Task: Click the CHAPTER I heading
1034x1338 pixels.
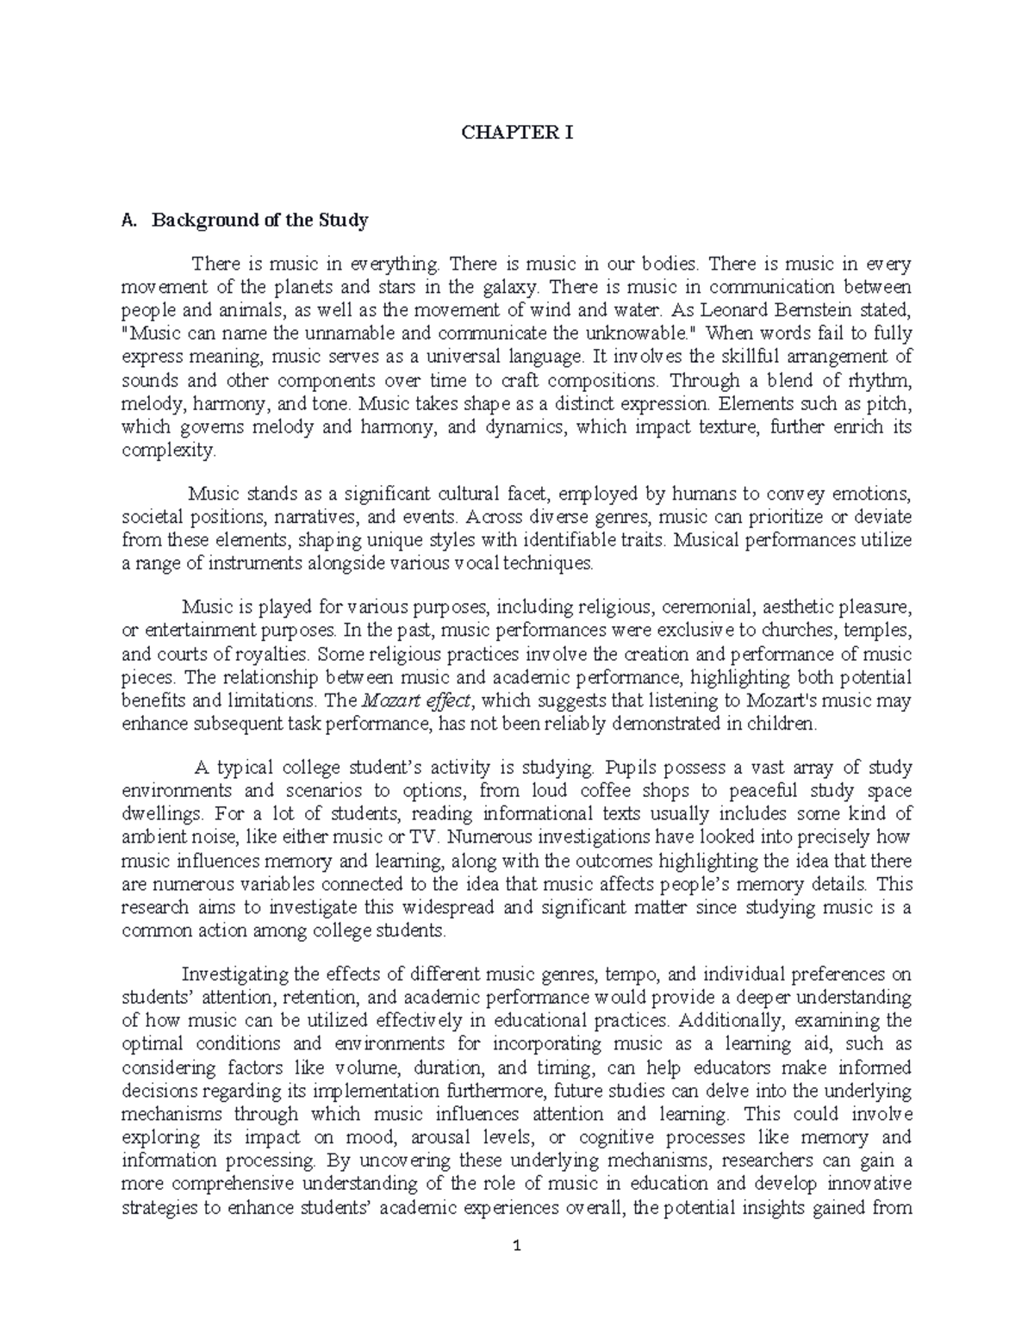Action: (x=517, y=133)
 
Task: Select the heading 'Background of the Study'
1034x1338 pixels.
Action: (x=259, y=220)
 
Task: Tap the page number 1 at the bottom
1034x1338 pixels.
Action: (x=517, y=1246)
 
